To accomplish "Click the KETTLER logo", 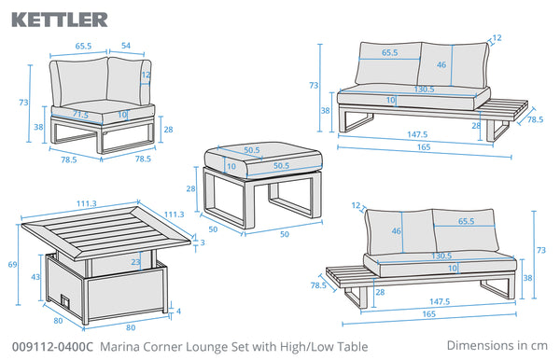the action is pyautogui.click(x=60, y=20).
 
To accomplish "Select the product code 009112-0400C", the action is pyautogui.click(x=52, y=347).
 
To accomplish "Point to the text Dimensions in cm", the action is pyautogui.click(x=497, y=345).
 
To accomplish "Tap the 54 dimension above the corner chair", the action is pyautogui.click(x=126, y=46).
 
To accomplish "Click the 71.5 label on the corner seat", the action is pyautogui.click(x=80, y=115).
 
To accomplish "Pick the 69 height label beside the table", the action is pyautogui.click(x=12, y=265).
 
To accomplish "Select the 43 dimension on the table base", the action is pyautogui.click(x=35, y=276).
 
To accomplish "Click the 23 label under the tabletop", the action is pyautogui.click(x=135, y=262).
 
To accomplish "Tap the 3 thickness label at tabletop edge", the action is pyautogui.click(x=203, y=242).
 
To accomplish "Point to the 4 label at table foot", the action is pyautogui.click(x=178, y=312).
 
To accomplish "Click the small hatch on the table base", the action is pyautogui.click(x=65, y=300).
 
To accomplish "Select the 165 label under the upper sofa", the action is pyautogui.click(x=424, y=147).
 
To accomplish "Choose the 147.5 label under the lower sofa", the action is pyautogui.click(x=440, y=302).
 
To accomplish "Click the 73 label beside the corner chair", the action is pyautogui.click(x=23, y=103).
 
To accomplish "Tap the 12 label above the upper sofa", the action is pyautogui.click(x=497, y=37).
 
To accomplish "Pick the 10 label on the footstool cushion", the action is pyautogui.click(x=231, y=166).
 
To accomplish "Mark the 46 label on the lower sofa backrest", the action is pyautogui.click(x=396, y=231).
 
